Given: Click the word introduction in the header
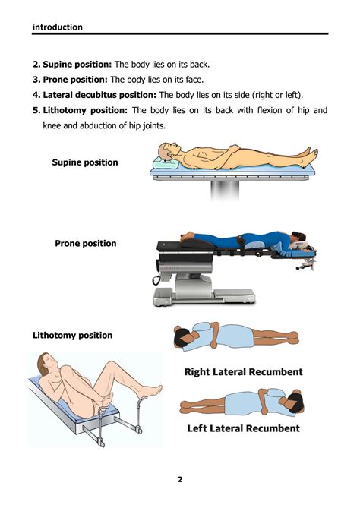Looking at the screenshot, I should click(x=58, y=27).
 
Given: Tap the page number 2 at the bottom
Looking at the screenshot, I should click(x=180, y=479).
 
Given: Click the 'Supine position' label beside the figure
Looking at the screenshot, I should click(x=85, y=162).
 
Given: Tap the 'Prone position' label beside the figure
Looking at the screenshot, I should click(x=86, y=244).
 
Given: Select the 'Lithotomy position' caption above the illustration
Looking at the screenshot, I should click(x=73, y=336).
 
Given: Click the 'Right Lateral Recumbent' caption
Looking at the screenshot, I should click(x=243, y=372).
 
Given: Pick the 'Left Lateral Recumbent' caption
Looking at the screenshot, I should click(x=243, y=428).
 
